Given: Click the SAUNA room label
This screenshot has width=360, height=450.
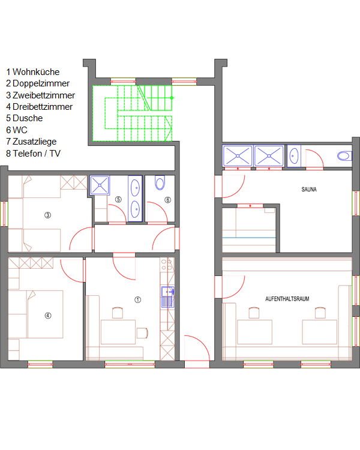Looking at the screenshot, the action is click(309, 190).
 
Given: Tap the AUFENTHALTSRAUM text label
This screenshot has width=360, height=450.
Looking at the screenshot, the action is click(287, 299).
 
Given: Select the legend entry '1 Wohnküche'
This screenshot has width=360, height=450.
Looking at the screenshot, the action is click(33, 72).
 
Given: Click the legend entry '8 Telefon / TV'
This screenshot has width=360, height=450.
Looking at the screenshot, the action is click(34, 153).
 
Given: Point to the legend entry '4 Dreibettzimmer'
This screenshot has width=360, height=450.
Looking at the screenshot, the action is click(40, 107).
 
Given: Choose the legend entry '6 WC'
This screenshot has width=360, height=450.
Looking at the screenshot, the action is click(17, 130).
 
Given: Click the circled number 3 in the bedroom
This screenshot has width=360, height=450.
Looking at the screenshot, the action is click(47, 215).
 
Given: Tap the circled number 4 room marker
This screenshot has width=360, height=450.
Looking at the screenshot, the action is click(48, 316).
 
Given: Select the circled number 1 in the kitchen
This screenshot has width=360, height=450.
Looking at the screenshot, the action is click(138, 299).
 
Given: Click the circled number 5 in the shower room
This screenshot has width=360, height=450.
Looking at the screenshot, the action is click(118, 199).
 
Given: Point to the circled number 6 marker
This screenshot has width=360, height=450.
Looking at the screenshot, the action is click(168, 200).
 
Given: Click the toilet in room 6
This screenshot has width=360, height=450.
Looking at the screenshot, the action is click(160, 183).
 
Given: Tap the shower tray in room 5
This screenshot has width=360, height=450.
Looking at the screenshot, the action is click(100, 185).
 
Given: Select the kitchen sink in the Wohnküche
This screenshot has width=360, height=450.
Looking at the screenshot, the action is click(167, 297).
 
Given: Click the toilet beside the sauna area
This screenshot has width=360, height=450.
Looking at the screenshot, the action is click(344, 156).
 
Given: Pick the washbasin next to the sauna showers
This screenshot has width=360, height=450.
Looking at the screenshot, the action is click(294, 156).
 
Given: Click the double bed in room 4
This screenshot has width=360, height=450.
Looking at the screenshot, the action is click(45, 314).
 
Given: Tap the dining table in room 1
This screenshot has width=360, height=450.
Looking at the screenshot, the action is click(118, 332).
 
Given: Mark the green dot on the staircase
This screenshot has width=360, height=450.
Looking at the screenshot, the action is click(172, 98).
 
